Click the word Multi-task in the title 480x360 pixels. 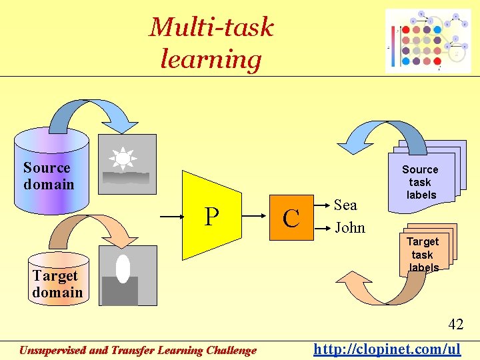click(211, 27)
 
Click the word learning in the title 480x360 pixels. click(211, 59)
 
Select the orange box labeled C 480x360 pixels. click(291, 217)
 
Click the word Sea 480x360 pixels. click(345, 205)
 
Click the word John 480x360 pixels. click(350, 228)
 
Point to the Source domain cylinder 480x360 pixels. click(51, 175)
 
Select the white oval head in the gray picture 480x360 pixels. click(123, 269)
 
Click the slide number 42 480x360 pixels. click(455, 325)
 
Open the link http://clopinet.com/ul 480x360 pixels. click(387, 349)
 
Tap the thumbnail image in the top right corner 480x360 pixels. click(428, 40)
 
